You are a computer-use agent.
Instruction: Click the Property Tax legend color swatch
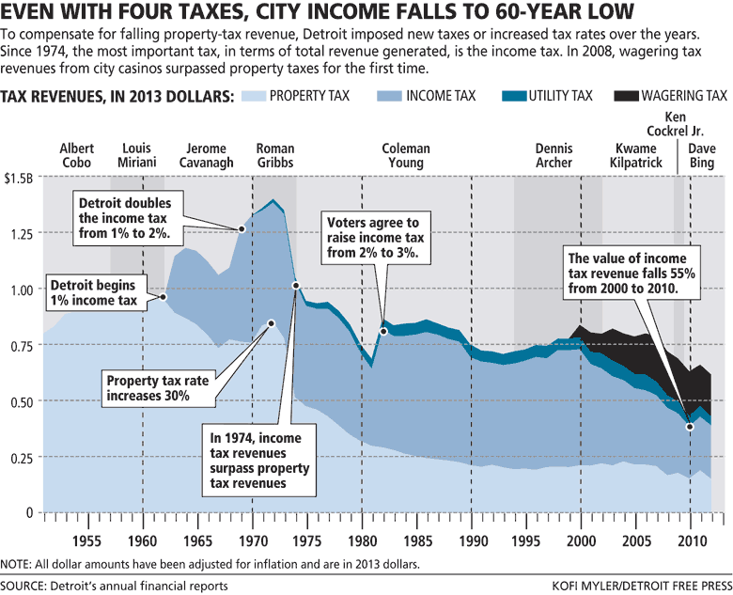(x=254, y=96)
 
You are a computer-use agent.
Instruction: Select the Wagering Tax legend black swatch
(x=629, y=96)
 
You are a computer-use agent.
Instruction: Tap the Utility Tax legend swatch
(x=512, y=96)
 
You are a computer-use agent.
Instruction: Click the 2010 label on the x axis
(x=691, y=541)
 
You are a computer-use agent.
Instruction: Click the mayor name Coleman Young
(x=406, y=156)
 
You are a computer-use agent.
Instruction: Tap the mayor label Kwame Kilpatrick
(x=637, y=156)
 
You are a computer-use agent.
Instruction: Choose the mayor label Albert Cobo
(x=77, y=156)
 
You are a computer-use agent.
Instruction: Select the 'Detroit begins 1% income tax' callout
(x=93, y=292)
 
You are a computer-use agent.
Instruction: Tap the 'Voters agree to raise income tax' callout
(x=372, y=238)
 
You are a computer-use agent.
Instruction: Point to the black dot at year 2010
(x=691, y=426)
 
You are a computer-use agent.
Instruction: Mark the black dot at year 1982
(x=383, y=331)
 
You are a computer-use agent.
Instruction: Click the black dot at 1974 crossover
(x=296, y=286)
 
